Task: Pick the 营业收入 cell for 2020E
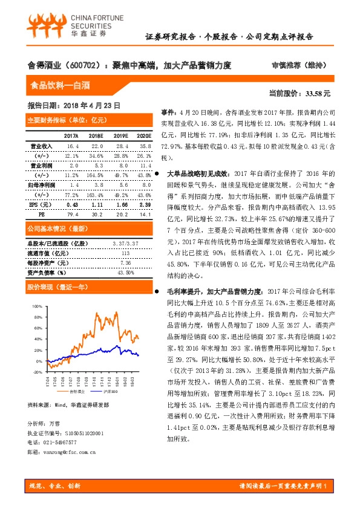(143, 146)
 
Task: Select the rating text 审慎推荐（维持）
(287, 65)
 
